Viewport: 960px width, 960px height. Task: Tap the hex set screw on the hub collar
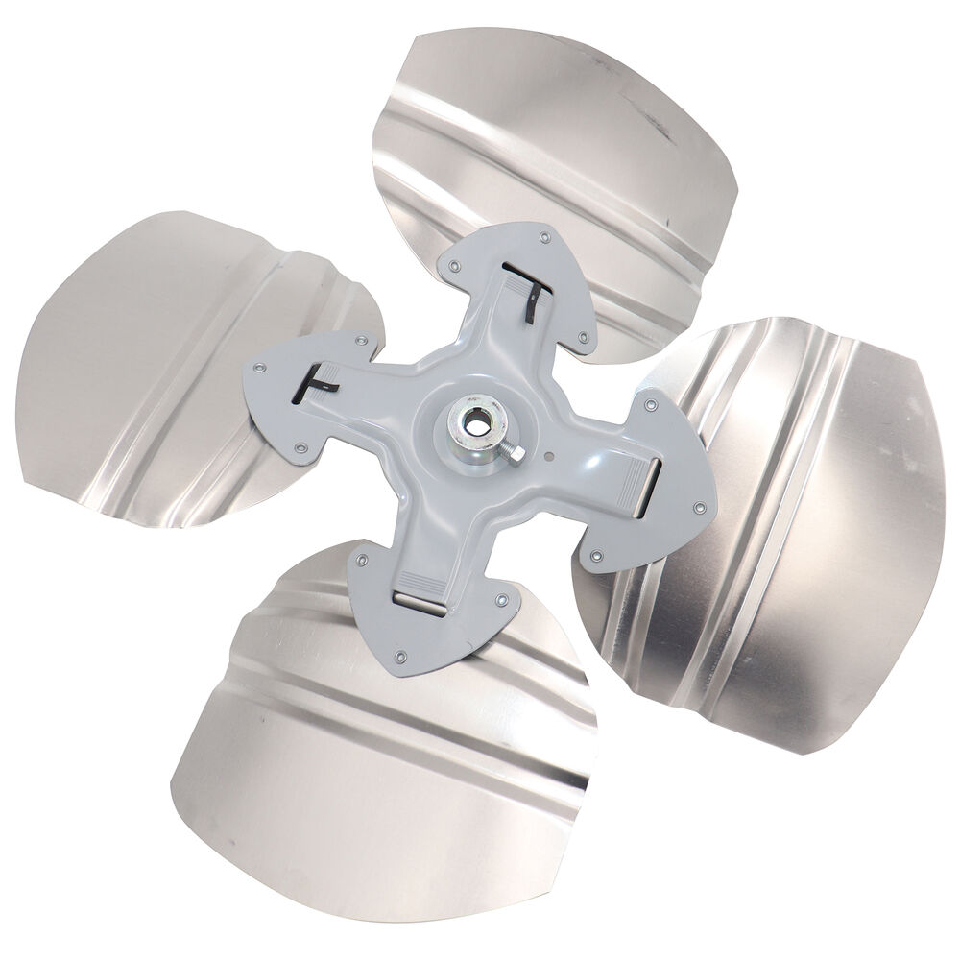515,451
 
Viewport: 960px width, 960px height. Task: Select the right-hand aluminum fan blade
787,538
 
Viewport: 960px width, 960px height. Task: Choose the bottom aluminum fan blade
384,768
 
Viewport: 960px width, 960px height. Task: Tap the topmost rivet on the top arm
545,235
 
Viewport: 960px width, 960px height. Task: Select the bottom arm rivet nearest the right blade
500,601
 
